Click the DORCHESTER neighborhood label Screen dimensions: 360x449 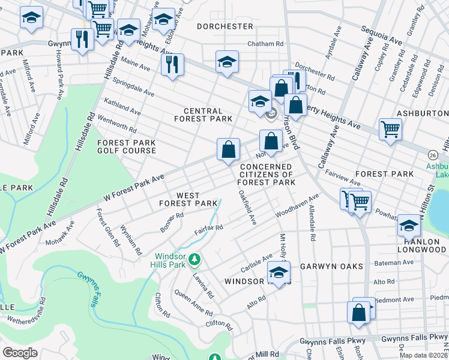pos(225,26)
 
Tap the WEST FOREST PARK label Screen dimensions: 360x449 pos(188,199)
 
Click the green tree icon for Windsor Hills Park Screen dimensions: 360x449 pos(194,260)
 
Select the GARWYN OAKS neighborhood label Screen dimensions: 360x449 pos(332,266)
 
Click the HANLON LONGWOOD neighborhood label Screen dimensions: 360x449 pos(422,245)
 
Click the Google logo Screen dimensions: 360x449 pos(20,352)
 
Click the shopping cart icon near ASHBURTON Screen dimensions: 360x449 pos(390,128)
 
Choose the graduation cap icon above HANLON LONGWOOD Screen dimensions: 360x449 pos(408,225)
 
